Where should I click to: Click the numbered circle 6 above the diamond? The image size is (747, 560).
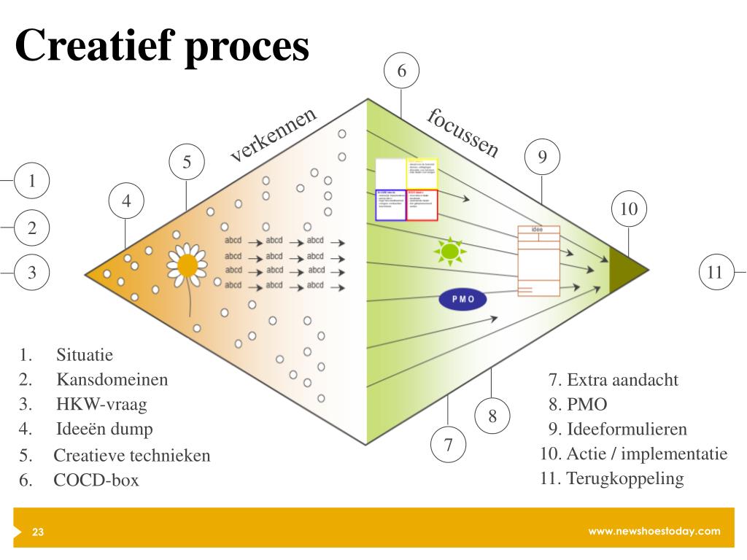(x=401, y=71)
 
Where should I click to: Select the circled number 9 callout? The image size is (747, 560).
(x=542, y=156)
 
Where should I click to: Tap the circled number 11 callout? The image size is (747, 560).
(x=715, y=272)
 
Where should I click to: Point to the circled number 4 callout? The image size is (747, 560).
(x=126, y=201)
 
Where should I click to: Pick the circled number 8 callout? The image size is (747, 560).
(x=492, y=416)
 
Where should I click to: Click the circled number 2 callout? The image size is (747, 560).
(x=32, y=227)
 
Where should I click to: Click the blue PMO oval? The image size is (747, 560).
(x=462, y=299)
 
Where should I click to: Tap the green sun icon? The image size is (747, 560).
(x=449, y=251)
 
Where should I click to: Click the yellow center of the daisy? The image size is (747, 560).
(x=187, y=265)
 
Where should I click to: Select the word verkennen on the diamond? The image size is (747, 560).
(x=274, y=135)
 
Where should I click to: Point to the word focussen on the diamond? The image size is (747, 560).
(x=464, y=132)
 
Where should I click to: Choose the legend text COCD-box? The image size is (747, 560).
(x=96, y=481)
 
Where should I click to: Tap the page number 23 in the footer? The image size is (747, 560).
(x=38, y=532)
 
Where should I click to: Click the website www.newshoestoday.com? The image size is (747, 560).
(x=654, y=531)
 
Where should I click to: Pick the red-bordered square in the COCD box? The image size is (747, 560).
(x=422, y=205)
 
